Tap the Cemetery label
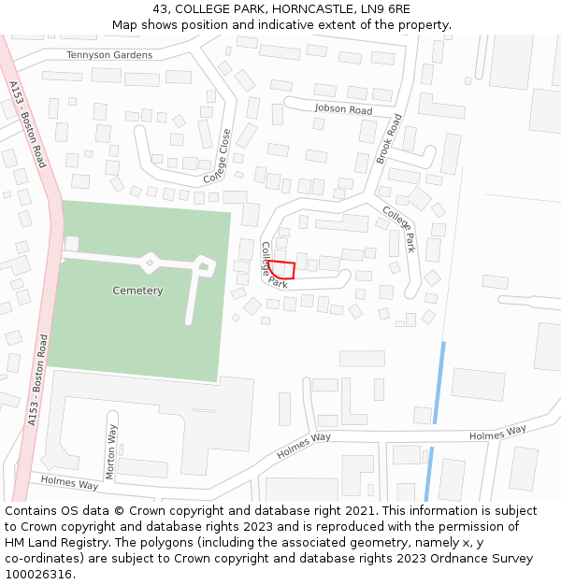click(x=137, y=291)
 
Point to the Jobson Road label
click(x=343, y=109)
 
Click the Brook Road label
click(x=389, y=139)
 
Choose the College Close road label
click(x=217, y=155)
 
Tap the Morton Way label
click(x=111, y=451)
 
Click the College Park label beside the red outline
click(x=273, y=264)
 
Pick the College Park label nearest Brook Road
click(x=398, y=230)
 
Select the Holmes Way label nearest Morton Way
click(x=69, y=483)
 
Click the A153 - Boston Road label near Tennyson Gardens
click(x=27, y=124)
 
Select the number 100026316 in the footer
click(x=37, y=574)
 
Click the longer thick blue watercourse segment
click(x=439, y=382)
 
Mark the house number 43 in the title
click(x=161, y=9)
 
